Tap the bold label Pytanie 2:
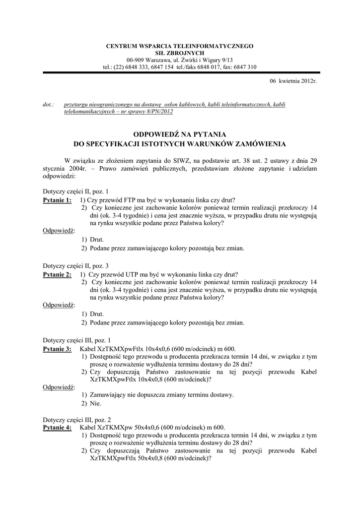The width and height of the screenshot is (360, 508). click(x=57, y=274)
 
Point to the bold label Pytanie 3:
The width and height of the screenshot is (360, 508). click(x=57, y=349)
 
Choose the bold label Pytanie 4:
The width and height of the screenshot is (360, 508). click(x=57, y=427)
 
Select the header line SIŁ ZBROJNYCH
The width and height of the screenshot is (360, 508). click(x=180, y=53)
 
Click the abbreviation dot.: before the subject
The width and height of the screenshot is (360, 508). click(x=48, y=104)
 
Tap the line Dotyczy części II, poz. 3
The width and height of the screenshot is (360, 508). click(x=75, y=265)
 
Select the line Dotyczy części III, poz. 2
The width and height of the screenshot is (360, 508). click(x=77, y=419)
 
